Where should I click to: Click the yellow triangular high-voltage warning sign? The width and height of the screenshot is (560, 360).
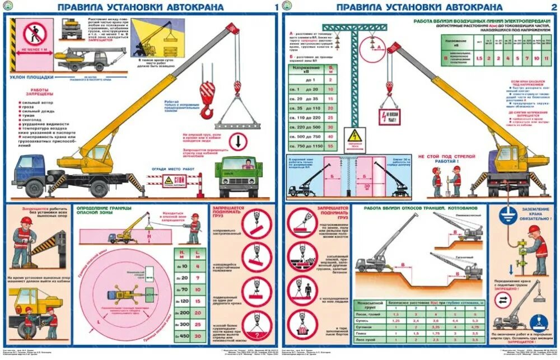[354, 138]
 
